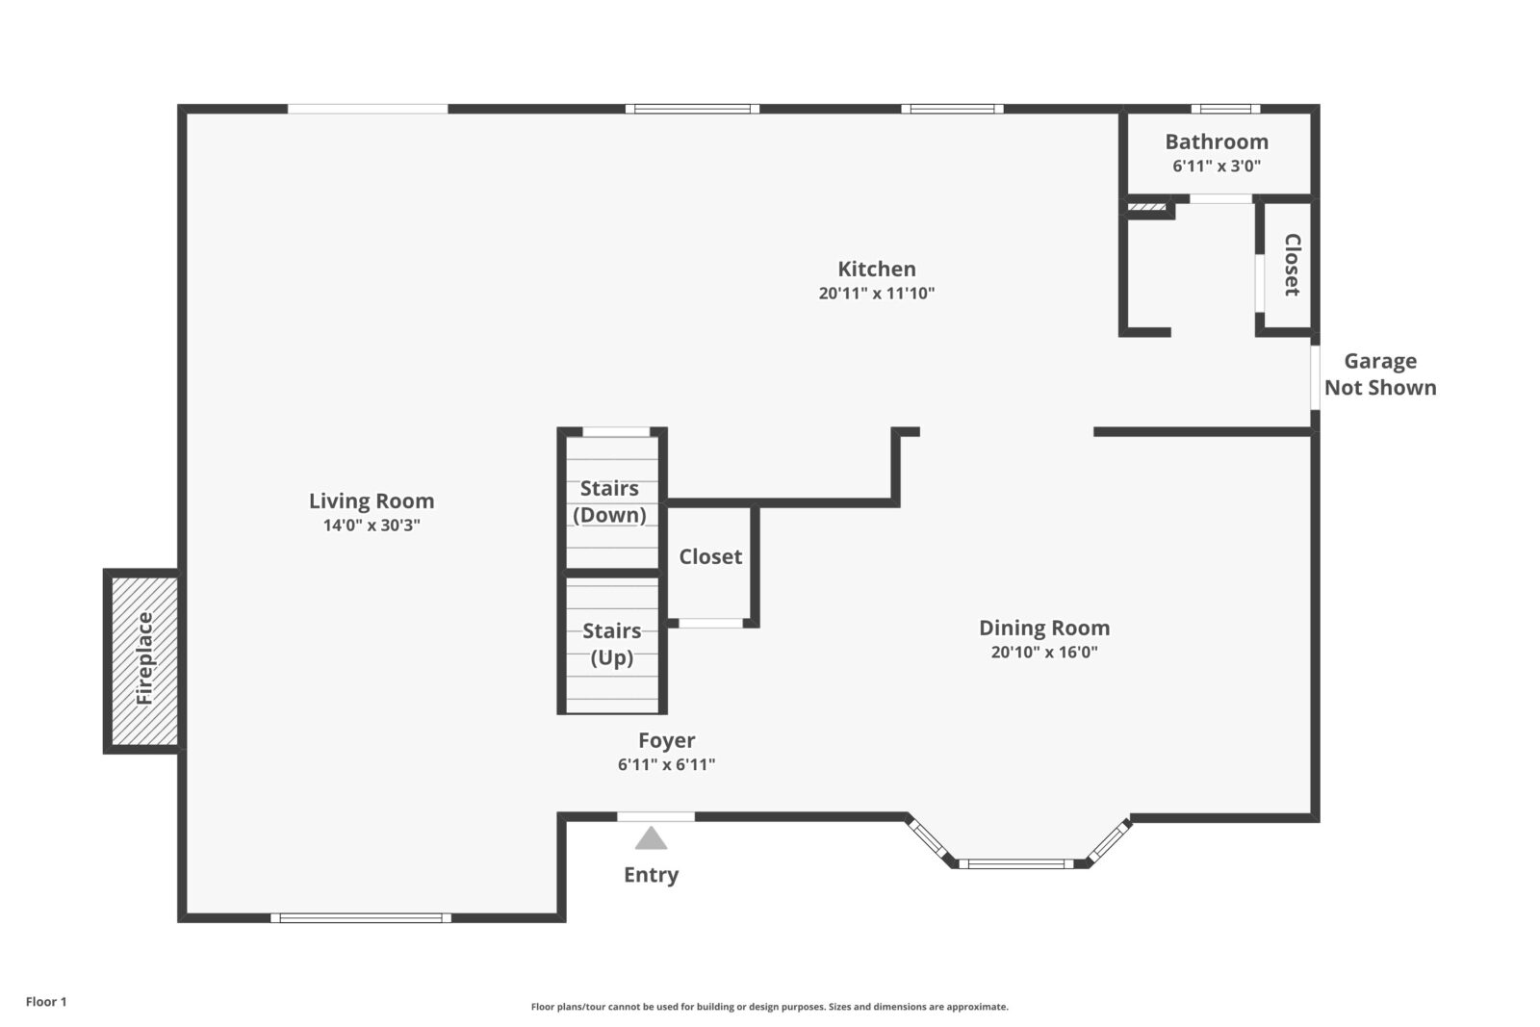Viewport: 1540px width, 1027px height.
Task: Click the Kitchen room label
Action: point(877,269)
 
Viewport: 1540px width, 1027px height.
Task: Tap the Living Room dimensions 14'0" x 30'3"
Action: point(372,526)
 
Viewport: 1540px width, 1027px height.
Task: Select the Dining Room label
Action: point(1044,628)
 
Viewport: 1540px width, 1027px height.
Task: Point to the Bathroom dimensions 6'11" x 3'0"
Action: point(1217,166)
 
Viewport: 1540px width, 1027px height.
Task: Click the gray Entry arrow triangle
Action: point(651,838)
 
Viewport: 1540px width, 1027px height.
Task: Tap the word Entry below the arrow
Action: point(651,875)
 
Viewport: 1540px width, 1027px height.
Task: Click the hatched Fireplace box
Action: point(144,660)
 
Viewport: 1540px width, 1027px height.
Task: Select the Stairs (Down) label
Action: point(610,501)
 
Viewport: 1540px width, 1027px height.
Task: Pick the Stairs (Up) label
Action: point(612,644)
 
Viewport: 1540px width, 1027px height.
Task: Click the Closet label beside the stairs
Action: point(710,556)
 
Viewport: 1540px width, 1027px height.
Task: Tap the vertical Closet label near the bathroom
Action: point(1292,265)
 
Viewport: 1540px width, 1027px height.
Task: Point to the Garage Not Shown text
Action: point(1380,374)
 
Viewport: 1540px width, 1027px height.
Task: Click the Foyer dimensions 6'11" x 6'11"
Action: point(666,764)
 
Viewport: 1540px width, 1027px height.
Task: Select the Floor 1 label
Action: point(46,1002)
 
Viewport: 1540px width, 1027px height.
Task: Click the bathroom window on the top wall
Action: point(1226,109)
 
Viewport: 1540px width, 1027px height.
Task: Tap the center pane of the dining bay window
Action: point(1016,864)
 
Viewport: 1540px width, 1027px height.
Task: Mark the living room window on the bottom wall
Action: point(361,917)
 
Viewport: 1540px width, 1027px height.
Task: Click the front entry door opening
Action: point(655,816)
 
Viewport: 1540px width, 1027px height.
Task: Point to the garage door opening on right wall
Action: point(1315,377)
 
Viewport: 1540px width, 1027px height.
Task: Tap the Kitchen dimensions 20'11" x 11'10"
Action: point(877,294)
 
